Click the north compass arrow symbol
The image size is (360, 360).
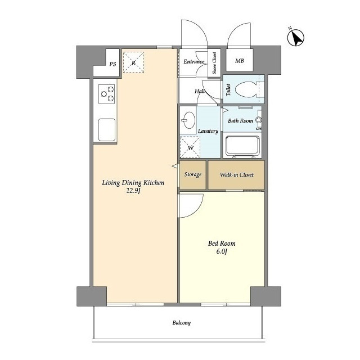point(296,38)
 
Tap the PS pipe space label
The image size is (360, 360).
point(112,64)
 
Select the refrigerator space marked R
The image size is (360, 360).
point(133,62)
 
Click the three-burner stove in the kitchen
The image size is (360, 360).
point(106,94)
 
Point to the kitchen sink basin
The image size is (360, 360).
point(107,130)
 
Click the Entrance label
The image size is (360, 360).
point(193,62)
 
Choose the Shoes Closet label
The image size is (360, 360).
point(214,63)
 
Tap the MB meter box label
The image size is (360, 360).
point(240,61)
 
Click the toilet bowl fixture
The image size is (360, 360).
point(246,89)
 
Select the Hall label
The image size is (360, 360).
point(200,91)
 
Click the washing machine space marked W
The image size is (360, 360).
point(190,147)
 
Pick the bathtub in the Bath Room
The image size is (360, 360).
point(242,146)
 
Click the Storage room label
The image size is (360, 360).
point(193,174)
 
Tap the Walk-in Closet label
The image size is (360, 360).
point(237,175)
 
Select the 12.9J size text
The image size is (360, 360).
point(133,191)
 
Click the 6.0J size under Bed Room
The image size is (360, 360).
point(222,251)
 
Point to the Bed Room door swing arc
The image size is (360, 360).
point(197,208)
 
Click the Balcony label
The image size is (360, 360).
point(181,323)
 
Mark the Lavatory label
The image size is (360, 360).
point(208,131)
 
